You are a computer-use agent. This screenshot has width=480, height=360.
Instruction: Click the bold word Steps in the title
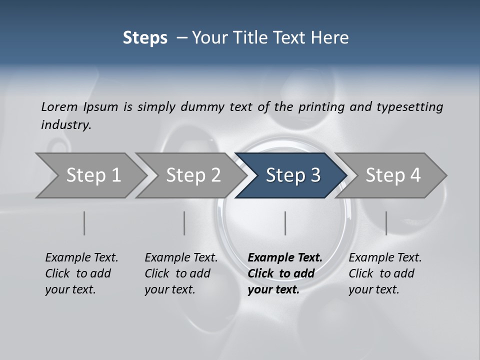pos(145,38)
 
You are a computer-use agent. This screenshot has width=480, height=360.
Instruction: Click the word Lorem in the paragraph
pos(59,106)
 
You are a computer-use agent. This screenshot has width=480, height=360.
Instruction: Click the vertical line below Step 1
pos(84,223)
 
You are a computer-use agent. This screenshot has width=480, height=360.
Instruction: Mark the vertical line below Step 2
pos(184,223)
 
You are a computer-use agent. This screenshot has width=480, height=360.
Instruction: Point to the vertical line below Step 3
pos(285,223)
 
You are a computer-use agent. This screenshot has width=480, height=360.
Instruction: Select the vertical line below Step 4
pos(386,223)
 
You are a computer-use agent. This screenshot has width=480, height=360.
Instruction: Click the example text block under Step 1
pos(81,273)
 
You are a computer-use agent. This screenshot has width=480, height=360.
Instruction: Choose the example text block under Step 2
pos(181,273)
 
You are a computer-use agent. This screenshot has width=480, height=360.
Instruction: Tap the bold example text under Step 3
pos(285,273)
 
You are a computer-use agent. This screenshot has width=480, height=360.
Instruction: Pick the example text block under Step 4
pos(385,273)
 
